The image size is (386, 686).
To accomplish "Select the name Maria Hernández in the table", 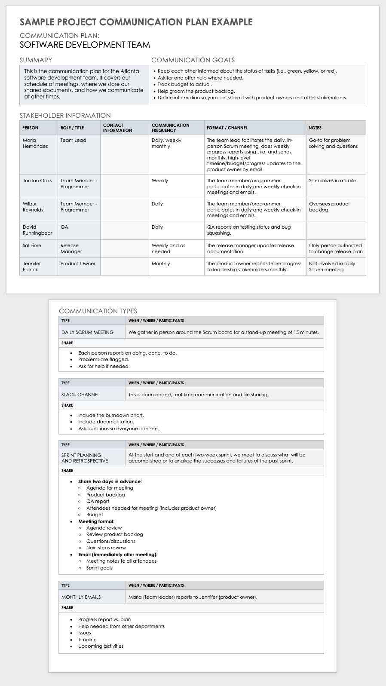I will pos(35,143).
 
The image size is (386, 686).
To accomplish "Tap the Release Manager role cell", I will pos(71,248).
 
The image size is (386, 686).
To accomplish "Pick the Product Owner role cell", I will pos(78,263).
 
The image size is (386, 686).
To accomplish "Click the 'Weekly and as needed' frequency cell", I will pos(168,248).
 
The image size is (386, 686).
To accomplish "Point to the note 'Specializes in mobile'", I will pos(332,181).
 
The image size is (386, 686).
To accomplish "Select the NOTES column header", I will pos(315,128).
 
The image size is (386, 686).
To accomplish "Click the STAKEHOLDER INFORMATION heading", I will pos(65,115).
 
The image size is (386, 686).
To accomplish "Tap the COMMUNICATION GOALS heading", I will pos(193,60).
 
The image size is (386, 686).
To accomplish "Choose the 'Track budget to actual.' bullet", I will pos(184,84).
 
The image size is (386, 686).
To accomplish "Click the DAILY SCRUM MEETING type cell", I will pos(87,332).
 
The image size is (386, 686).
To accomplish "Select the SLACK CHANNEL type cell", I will pos(80,395).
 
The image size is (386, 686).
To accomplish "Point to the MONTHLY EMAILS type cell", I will pos(81,597).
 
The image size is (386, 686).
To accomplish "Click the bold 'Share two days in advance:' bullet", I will pos(110,481).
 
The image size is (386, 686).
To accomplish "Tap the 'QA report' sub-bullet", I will pos(98,501).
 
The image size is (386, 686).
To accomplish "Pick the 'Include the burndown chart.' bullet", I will pos(111,415).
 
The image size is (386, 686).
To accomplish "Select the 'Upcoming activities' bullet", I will pos(101,646).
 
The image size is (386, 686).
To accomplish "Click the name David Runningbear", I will pos(37,230).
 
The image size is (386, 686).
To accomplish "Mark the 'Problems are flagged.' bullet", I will pos(104,359).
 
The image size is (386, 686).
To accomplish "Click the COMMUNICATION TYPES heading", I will pos(98,311).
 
